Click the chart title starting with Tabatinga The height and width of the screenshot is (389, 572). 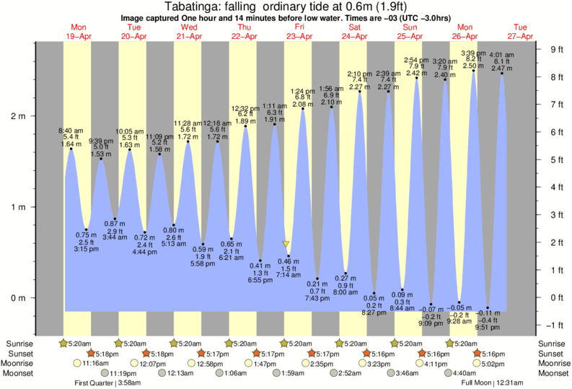point(286,6)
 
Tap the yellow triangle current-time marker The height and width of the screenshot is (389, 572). point(286,245)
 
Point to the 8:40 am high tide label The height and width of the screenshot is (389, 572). point(71,130)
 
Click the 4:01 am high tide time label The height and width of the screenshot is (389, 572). point(502,54)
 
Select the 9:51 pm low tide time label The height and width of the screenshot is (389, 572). point(488,327)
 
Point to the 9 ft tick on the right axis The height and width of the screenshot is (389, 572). point(556,49)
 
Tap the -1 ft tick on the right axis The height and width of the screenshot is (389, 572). point(556,325)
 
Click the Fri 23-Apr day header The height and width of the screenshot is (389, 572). point(299,31)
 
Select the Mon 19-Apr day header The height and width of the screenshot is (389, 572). point(78,31)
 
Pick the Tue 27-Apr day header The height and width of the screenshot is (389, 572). point(521,31)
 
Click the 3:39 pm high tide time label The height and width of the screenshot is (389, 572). point(473,53)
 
